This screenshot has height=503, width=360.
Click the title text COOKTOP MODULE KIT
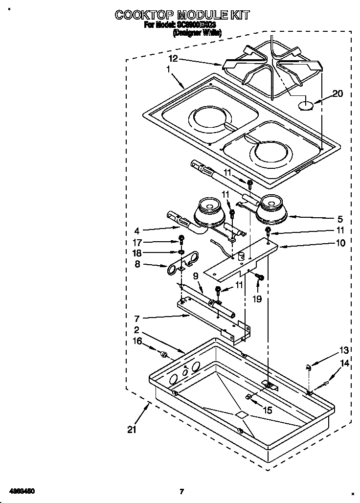[x=182, y=15]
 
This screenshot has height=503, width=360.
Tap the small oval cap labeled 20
[x=305, y=105]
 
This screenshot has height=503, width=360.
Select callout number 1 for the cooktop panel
[x=168, y=69]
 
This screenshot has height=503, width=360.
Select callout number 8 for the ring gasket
[x=138, y=265]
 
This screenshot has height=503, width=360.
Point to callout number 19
[x=257, y=298]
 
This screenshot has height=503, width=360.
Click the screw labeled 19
[x=260, y=278]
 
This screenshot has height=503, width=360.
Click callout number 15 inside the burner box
[x=267, y=411]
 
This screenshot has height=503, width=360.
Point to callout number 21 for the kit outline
[x=131, y=430]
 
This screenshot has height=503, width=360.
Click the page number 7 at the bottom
[x=181, y=491]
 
